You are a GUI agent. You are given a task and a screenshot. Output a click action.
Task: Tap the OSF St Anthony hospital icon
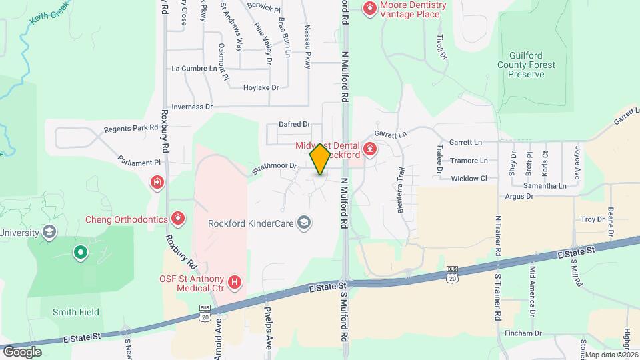(x=234, y=283)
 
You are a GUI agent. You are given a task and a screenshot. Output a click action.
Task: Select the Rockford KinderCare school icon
(x=304, y=223)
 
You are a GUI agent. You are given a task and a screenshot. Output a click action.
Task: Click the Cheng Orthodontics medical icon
(x=178, y=218)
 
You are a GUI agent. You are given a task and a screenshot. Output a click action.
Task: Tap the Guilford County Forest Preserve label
(x=530, y=64)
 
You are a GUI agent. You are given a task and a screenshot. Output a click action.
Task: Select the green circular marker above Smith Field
(x=80, y=252)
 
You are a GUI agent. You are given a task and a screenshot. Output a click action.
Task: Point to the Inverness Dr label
(x=191, y=107)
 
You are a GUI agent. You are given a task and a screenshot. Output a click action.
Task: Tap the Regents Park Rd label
(x=131, y=127)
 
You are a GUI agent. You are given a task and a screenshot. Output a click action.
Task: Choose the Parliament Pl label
(x=139, y=161)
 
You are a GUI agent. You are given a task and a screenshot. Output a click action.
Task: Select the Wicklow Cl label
(x=469, y=179)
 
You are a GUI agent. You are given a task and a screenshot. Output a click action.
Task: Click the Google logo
(x=22, y=351)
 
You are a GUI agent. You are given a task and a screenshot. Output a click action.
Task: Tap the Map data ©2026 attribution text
(x=612, y=355)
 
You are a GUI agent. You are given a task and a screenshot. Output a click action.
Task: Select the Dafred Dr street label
(x=295, y=124)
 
